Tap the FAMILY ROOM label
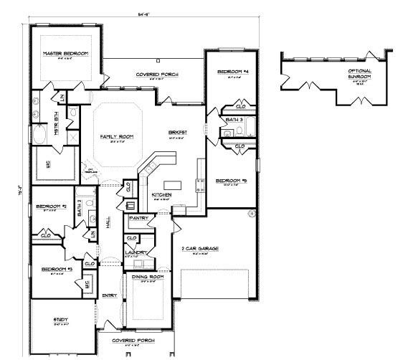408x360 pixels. pos(114,136)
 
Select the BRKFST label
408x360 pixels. pos(178,133)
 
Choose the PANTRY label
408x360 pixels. pos(139,217)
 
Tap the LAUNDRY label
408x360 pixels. pos(136,252)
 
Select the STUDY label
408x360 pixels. pos(60,319)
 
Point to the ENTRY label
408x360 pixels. pos(110,295)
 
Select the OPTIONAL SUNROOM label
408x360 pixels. pos(359,74)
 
